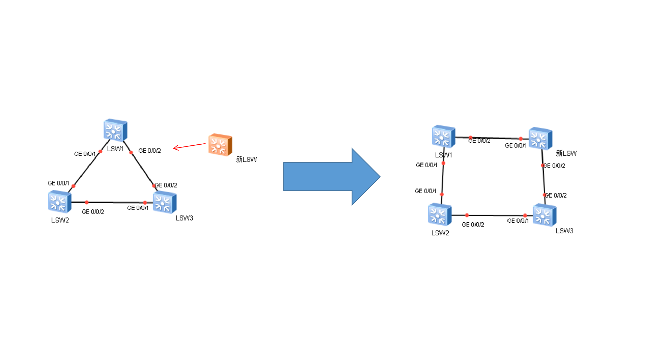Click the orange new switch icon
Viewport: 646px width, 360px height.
point(220,144)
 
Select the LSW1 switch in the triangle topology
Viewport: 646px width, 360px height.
point(115,130)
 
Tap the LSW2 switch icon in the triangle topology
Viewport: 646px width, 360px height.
point(60,202)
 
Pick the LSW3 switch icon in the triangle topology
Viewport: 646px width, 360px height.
point(165,202)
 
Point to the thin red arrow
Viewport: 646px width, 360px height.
point(189,146)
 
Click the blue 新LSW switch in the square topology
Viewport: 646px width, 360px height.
point(540,138)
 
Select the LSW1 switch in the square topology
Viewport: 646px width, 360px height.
point(443,136)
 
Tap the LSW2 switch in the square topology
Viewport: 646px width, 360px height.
point(439,215)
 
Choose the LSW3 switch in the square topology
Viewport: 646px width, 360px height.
point(544,215)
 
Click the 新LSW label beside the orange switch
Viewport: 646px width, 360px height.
point(246,160)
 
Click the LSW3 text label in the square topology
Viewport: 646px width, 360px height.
point(564,231)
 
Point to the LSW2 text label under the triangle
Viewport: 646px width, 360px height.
point(60,220)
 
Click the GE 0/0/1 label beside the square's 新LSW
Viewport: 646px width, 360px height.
point(516,146)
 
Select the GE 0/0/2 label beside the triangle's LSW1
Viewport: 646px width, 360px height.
point(149,151)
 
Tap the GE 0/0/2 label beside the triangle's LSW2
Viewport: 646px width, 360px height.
point(93,211)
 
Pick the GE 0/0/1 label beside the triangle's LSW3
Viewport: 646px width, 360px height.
point(138,208)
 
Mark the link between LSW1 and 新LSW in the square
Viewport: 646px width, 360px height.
point(495,138)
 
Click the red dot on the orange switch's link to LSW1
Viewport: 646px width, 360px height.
point(521,139)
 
